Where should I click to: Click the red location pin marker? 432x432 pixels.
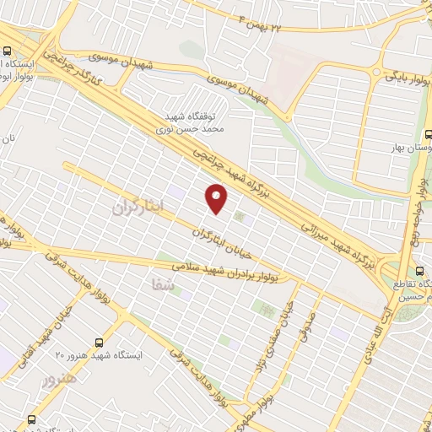point(218,197)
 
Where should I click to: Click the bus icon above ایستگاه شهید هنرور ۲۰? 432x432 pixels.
point(100,342)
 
